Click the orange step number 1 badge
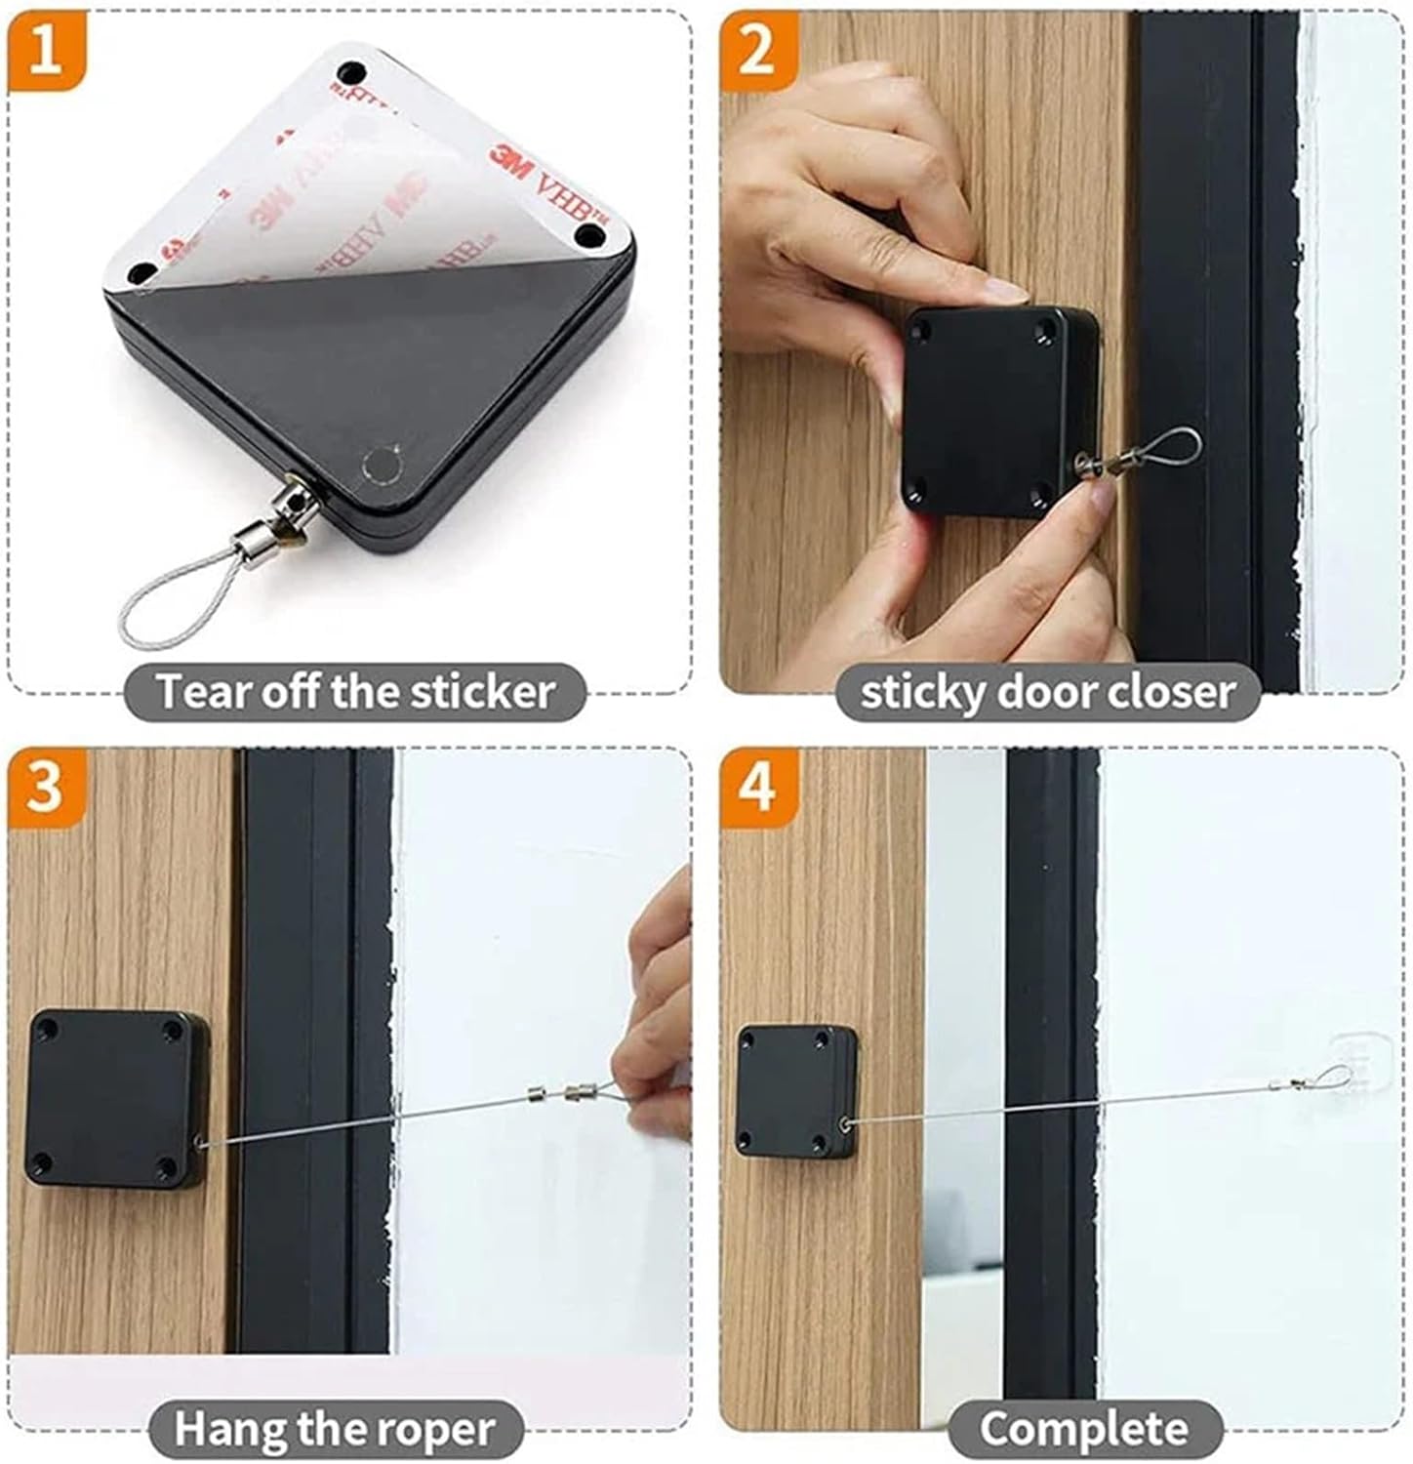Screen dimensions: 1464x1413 coord(45,50)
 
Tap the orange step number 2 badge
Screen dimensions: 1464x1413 coord(757,50)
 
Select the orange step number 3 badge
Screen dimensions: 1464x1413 coord(45,787)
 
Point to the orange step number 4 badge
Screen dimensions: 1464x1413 coord(757,787)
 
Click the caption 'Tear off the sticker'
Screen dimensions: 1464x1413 coord(355,692)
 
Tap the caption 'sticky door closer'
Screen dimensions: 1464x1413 coord(1048,692)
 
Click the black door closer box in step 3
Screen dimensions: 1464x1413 coord(114,1097)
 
